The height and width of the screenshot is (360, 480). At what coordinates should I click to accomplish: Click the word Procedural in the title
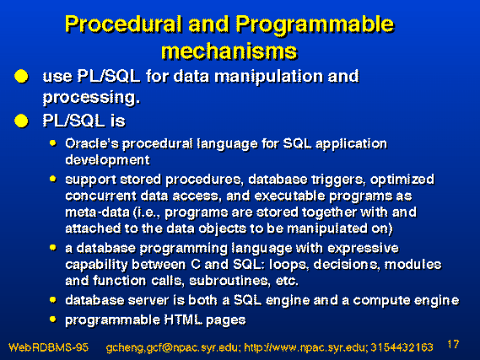(x=122, y=24)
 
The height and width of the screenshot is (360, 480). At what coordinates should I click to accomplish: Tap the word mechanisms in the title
(x=229, y=51)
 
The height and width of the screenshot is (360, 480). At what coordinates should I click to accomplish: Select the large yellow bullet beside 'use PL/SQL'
(x=21, y=76)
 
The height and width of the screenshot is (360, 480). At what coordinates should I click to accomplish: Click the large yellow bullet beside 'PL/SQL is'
(x=21, y=121)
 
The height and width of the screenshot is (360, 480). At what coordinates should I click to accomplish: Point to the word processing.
(x=91, y=98)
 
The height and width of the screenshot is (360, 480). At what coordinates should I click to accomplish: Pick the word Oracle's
(x=92, y=143)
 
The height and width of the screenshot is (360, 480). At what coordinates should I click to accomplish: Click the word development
(x=107, y=160)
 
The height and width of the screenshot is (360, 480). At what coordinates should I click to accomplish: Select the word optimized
(x=402, y=180)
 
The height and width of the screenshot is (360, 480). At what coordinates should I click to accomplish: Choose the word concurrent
(x=100, y=196)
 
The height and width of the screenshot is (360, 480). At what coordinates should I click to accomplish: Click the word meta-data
(x=97, y=212)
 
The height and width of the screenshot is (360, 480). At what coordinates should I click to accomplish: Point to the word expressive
(x=363, y=249)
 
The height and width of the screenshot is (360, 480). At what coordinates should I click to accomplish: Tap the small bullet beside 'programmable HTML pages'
(x=52, y=320)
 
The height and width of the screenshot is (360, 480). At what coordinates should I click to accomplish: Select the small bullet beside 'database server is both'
(x=52, y=300)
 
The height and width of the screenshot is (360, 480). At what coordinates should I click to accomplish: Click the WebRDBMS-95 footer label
(x=48, y=347)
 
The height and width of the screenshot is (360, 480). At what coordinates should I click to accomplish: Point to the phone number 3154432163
(x=402, y=347)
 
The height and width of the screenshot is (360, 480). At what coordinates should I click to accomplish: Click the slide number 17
(x=453, y=344)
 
